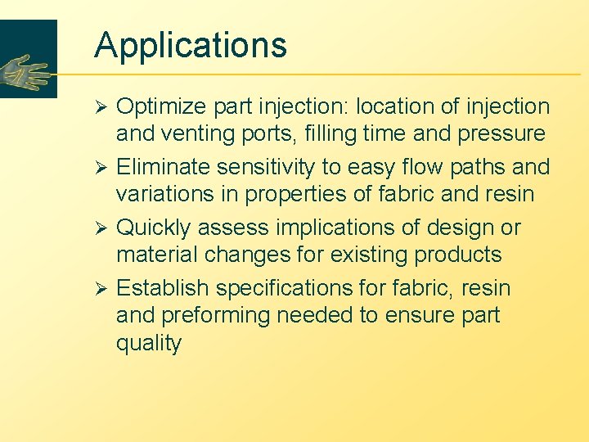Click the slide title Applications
[x=191, y=46]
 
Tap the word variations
[x=164, y=195]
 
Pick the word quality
[x=149, y=344]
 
